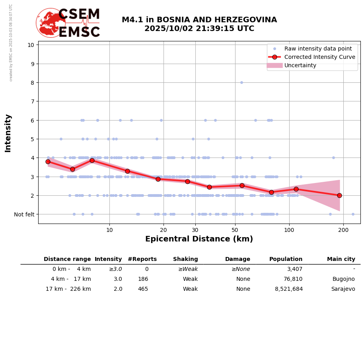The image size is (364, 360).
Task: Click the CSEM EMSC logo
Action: (68, 23)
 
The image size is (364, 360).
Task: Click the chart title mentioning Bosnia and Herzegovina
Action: (199, 24)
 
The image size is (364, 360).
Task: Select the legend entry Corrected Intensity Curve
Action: (319, 57)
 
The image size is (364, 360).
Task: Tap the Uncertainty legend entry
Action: (300, 65)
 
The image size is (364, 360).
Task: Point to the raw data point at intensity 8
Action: (241, 83)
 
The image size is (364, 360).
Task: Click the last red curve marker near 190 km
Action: (339, 195)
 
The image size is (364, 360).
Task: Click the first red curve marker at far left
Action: (48, 162)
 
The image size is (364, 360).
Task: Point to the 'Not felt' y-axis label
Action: (24, 214)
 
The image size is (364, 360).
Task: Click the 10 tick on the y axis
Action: (31, 45)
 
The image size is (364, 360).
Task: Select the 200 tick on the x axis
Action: (343, 230)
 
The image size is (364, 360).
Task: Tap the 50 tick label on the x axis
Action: (235, 230)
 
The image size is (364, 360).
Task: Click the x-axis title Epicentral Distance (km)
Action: (199, 239)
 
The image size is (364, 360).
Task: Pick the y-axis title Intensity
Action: (8, 133)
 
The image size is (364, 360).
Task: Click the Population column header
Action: (286, 259)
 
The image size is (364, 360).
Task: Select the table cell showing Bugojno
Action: (344, 279)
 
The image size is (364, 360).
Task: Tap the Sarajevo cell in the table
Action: (343, 289)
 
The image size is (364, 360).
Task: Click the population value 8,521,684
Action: (289, 289)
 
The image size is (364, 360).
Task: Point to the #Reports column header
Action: (142, 259)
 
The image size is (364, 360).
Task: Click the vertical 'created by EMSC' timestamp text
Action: (11, 43)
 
